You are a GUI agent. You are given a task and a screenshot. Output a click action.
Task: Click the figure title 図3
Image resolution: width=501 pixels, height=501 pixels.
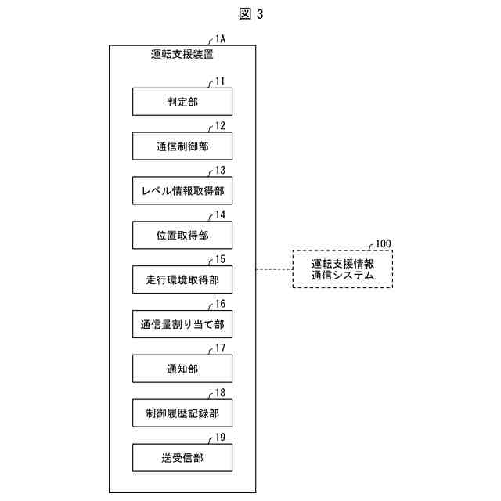tap(250, 13)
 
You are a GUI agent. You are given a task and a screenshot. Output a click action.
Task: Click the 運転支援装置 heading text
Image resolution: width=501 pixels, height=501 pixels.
tap(182, 55)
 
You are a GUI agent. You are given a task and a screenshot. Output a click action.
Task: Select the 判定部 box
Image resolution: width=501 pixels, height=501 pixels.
tap(182, 102)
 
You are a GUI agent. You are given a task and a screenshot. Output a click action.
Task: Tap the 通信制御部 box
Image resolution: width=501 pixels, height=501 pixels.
tap(182, 146)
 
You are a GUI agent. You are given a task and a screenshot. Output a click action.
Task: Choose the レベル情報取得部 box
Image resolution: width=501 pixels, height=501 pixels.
tap(182, 190)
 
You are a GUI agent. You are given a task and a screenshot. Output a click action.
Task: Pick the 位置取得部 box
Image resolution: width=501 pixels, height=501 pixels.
tap(182, 235)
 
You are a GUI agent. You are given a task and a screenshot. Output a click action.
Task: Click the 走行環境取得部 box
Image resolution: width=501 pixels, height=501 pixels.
tap(182, 279)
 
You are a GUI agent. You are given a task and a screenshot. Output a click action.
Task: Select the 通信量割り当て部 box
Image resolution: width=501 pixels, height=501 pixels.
tap(182, 324)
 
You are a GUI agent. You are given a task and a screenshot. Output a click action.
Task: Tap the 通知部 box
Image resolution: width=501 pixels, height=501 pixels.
tap(182, 369)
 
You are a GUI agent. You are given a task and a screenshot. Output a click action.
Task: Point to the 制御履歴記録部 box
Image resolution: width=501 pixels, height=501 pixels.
tap(182, 413)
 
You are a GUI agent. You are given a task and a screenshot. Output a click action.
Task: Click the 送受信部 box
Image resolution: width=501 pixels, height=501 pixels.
tap(182, 458)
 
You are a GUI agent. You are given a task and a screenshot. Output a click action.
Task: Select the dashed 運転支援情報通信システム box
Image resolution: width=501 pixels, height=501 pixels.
tap(342, 269)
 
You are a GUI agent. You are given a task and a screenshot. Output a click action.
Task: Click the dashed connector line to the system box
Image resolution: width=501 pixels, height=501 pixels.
tap(274, 269)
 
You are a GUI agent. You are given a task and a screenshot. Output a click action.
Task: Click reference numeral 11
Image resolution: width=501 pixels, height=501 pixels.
tap(220, 81)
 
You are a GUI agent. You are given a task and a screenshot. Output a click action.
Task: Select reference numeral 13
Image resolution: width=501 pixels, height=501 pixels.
tap(220, 170)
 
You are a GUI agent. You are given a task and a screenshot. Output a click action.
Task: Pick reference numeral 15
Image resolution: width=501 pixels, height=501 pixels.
tap(220, 259)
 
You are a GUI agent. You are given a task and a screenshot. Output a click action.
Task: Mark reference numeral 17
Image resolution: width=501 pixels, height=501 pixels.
tap(220, 348)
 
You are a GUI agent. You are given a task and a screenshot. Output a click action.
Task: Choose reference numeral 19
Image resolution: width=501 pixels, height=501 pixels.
tap(220, 438)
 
